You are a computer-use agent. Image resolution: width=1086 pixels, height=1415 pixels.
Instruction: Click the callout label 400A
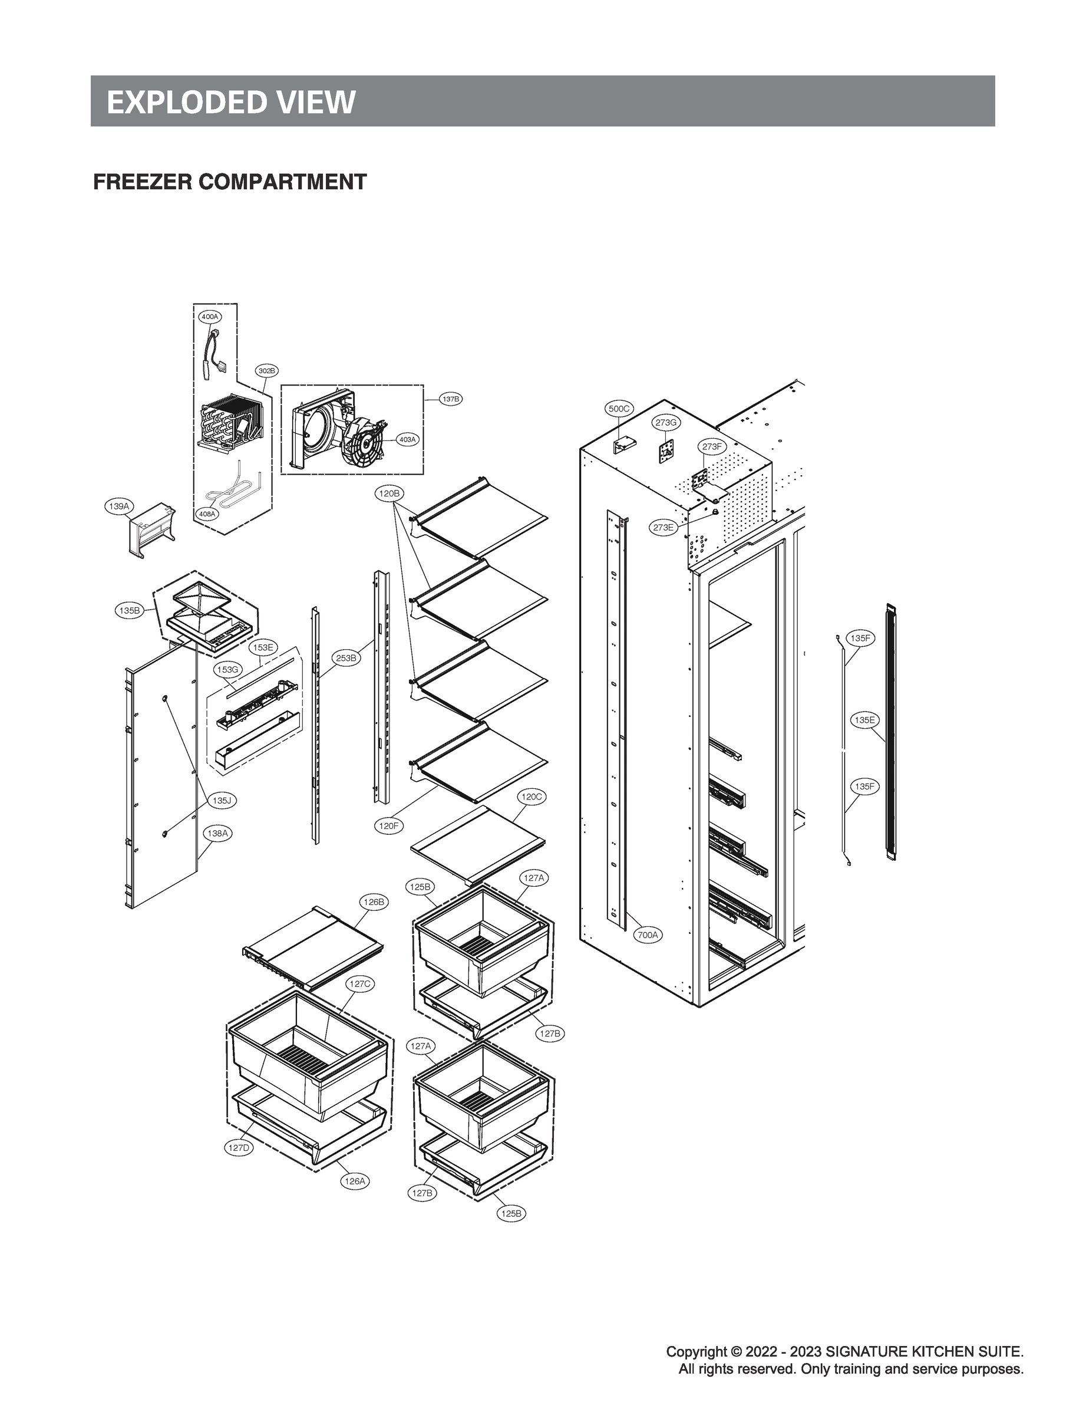(x=209, y=317)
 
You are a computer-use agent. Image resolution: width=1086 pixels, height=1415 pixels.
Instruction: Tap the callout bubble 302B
(x=266, y=371)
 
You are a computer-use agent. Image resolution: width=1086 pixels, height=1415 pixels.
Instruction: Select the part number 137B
(x=451, y=399)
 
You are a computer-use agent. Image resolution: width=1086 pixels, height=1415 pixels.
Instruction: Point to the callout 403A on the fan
(x=407, y=439)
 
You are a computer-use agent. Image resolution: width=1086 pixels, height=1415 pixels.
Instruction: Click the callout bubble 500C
(x=619, y=409)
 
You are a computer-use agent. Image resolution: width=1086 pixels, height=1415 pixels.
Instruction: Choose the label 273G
(x=666, y=422)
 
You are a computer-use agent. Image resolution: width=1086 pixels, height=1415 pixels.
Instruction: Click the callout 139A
(x=118, y=506)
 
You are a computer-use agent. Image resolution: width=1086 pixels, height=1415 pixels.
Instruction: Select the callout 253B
(x=346, y=659)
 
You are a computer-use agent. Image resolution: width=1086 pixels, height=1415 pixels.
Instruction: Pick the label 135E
(x=864, y=720)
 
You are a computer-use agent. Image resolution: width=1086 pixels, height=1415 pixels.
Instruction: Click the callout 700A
(x=648, y=934)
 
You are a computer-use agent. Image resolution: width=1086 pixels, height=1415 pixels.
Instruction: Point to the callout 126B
(x=374, y=901)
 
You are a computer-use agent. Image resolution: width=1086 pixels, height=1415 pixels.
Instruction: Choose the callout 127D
(x=239, y=1148)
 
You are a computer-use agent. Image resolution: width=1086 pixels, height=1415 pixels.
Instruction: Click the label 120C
(x=532, y=797)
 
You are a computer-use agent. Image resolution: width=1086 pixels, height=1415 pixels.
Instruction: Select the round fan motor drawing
(x=367, y=443)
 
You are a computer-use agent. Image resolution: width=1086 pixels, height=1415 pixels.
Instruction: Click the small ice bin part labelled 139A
(x=153, y=530)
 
